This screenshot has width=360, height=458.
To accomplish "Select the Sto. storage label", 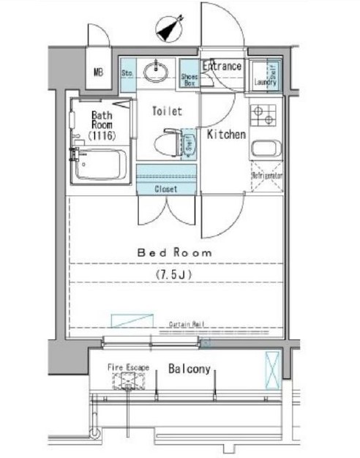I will [x=126, y=73].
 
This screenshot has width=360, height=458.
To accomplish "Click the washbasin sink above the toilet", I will [x=154, y=72].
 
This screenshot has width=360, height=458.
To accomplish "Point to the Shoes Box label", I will [x=189, y=78].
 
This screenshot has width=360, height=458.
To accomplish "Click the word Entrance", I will [x=222, y=67].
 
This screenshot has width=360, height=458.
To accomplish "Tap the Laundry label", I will [x=265, y=83].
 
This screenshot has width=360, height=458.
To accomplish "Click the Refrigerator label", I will [x=267, y=176].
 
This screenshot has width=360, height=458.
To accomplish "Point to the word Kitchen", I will [x=225, y=135].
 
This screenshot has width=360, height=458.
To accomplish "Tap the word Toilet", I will [x=167, y=112].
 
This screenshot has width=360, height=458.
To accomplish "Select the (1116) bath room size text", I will [x=101, y=136].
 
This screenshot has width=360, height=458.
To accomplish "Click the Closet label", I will [x=166, y=189].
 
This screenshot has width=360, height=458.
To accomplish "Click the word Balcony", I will [x=190, y=369].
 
